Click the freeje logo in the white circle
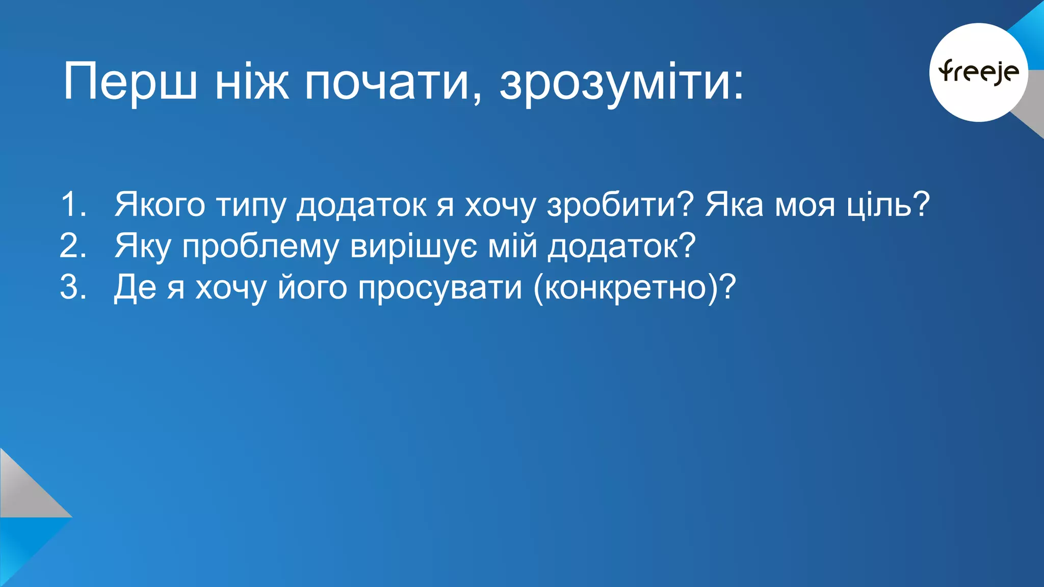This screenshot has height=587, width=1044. pos(978,72)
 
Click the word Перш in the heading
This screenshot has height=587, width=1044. pos(130,82)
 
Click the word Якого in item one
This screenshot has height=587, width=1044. pos(160,204)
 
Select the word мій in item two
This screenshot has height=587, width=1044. pos(513,246)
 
